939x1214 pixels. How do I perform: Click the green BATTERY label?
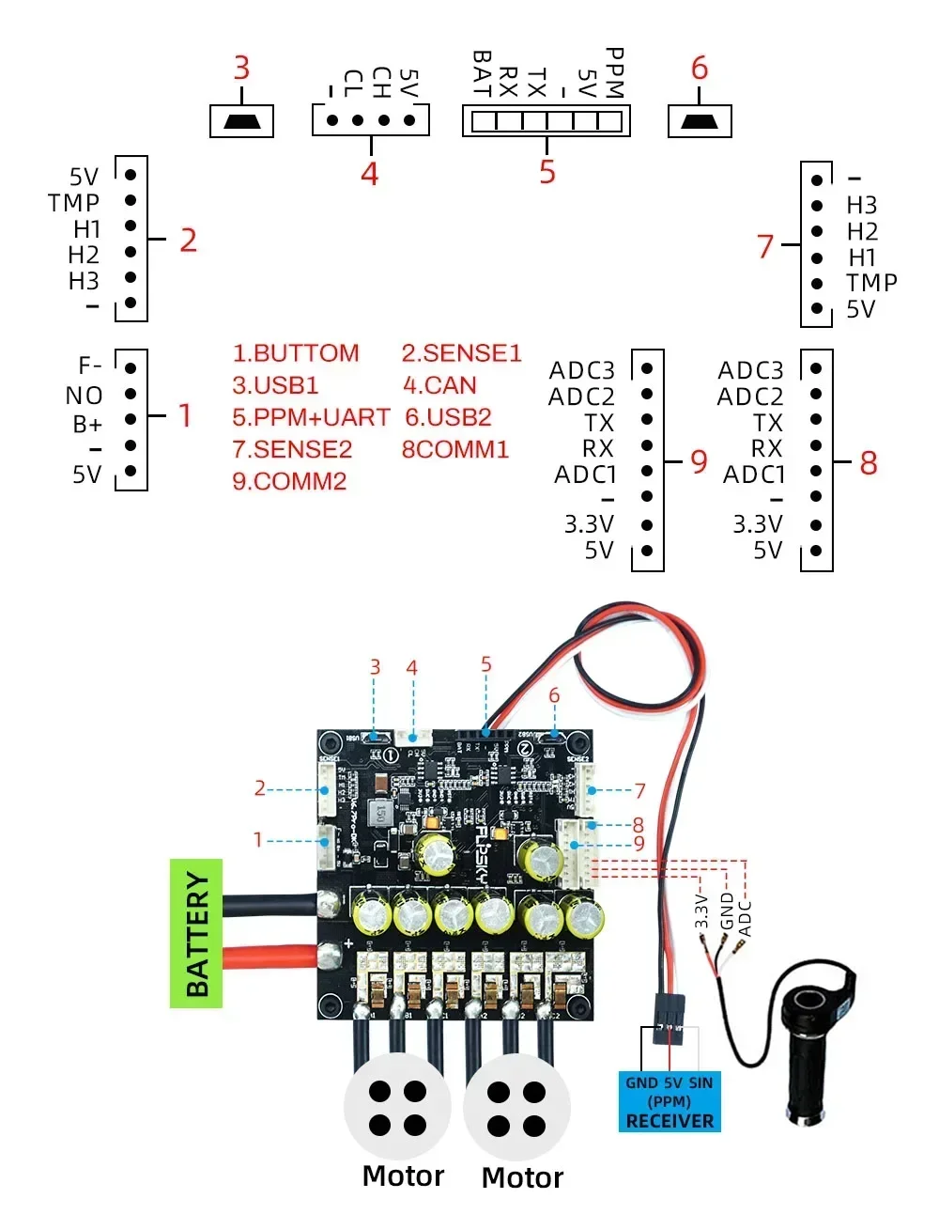tap(196, 933)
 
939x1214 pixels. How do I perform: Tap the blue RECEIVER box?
tap(670, 1101)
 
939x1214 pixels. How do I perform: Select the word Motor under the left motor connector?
tap(403, 1175)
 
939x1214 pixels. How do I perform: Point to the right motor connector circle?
tap(516, 1108)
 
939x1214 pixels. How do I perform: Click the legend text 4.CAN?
tap(439, 385)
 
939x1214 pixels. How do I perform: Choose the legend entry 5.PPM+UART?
tap(311, 417)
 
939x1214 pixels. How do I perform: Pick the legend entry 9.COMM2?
tap(289, 481)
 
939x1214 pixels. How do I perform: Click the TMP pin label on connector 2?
tap(74, 203)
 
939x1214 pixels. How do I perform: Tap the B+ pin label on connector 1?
tap(86, 425)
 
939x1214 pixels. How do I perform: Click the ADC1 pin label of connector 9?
tap(585, 475)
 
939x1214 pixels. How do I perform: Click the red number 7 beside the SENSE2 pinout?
tap(765, 246)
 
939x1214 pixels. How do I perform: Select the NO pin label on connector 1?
tap(84, 396)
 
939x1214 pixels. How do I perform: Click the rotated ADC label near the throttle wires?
tap(746, 918)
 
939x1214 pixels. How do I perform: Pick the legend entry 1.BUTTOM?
tap(296, 353)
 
